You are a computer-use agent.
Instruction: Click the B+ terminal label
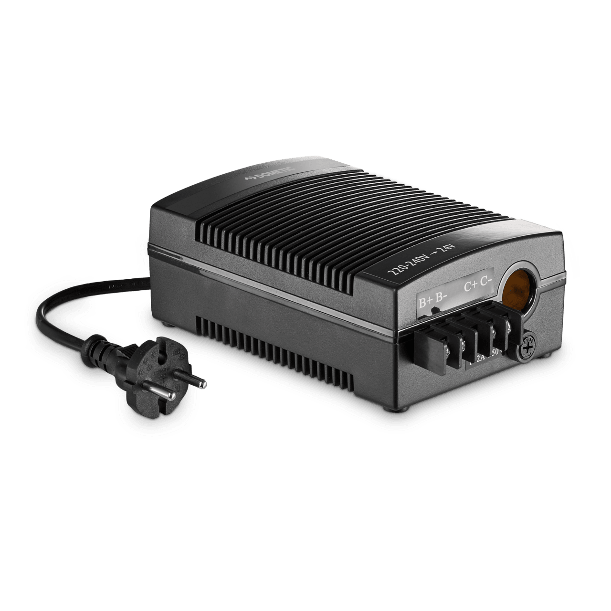pos(425,302)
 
